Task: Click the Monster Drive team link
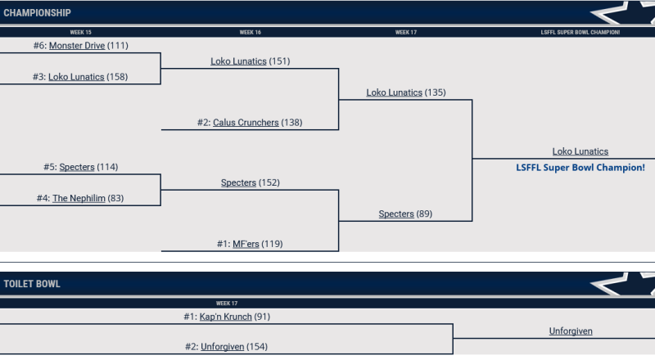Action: click(x=77, y=46)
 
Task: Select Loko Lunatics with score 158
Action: click(x=76, y=77)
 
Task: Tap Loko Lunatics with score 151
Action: click(x=238, y=61)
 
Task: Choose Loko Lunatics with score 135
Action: click(x=394, y=92)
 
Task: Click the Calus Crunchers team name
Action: click(x=246, y=123)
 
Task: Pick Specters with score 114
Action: click(x=77, y=167)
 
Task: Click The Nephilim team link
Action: click(x=79, y=198)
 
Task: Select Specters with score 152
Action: click(x=238, y=182)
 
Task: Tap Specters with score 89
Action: click(x=396, y=214)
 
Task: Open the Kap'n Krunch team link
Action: click(x=225, y=316)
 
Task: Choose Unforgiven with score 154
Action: click(x=223, y=346)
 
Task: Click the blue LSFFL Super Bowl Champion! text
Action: click(x=580, y=167)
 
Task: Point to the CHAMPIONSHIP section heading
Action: click(x=37, y=13)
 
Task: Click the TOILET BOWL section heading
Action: click(x=32, y=285)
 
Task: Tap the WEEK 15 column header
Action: click(x=80, y=33)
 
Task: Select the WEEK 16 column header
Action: click(x=250, y=33)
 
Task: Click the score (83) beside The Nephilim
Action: click(x=116, y=198)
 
